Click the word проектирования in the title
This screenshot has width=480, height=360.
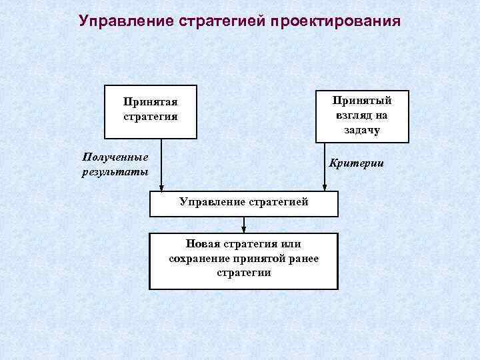(x=335, y=21)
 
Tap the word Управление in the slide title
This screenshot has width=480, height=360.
(x=126, y=21)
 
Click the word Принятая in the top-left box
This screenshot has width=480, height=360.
(x=150, y=103)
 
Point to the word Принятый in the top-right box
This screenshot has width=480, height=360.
(x=362, y=100)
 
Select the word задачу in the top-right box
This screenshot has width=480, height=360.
(x=362, y=129)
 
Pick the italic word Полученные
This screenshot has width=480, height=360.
(x=115, y=157)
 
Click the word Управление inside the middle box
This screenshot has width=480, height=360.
(x=209, y=202)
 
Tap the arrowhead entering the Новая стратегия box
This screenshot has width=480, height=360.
(x=243, y=229)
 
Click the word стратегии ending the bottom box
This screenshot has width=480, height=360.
(x=244, y=273)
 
